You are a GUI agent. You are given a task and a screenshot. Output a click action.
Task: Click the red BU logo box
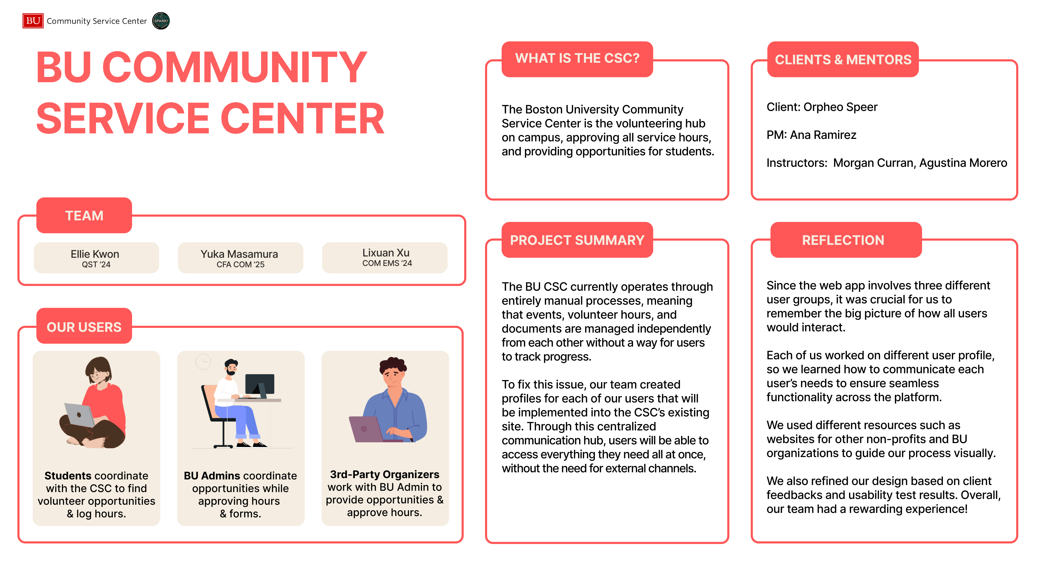tap(33, 21)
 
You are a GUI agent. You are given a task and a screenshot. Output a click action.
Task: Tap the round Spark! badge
tap(161, 21)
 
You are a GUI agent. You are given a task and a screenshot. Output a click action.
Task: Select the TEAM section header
tap(84, 215)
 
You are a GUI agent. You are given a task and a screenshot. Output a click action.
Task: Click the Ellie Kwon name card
tap(96, 258)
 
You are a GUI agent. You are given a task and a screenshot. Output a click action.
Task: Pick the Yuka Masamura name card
tap(240, 258)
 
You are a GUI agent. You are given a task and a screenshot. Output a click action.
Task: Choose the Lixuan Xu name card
tap(385, 258)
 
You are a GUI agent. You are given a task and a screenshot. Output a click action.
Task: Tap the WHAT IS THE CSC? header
tap(577, 59)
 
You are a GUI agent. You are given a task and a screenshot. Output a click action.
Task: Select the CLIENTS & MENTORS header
tap(843, 59)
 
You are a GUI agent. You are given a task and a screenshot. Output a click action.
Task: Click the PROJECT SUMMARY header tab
tap(577, 240)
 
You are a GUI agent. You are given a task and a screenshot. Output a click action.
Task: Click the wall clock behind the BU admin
tap(203, 362)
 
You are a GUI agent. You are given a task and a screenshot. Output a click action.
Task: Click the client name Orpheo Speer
tap(841, 107)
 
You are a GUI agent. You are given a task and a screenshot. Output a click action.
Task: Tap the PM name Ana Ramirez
tap(823, 135)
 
